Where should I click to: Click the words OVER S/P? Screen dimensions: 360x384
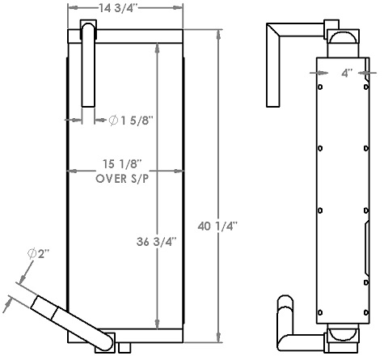(x=123, y=179)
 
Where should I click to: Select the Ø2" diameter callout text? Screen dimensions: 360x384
(x=38, y=255)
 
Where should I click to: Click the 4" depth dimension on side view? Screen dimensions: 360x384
(x=347, y=73)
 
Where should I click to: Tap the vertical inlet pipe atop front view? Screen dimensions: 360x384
(x=89, y=65)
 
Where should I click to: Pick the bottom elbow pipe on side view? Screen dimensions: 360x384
(x=288, y=324)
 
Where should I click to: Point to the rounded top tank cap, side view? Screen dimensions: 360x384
(x=343, y=40)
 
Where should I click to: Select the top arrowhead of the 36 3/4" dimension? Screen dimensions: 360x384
(x=157, y=45)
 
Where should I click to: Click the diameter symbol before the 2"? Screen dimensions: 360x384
(x=32, y=255)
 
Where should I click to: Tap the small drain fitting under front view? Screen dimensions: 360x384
(x=122, y=347)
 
